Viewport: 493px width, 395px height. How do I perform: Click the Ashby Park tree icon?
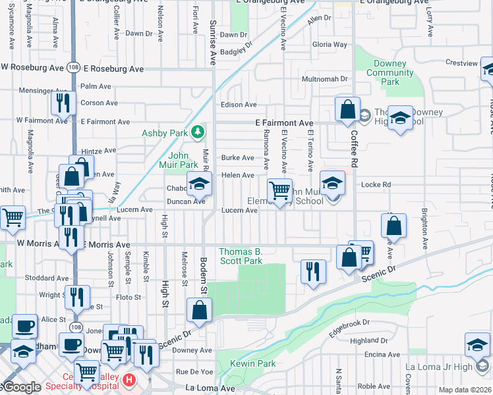tap(197, 132)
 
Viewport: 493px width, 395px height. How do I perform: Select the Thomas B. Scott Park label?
tap(241, 256)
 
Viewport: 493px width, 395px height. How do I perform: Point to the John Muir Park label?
tap(179, 160)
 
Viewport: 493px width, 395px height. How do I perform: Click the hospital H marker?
tap(129, 381)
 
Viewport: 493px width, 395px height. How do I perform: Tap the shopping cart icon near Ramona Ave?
tap(280, 191)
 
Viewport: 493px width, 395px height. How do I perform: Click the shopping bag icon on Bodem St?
tap(199, 310)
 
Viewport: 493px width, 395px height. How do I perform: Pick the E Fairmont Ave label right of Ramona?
tap(284, 123)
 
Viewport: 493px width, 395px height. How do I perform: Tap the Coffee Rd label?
tap(354, 146)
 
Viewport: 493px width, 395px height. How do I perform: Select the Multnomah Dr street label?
tap(324, 79)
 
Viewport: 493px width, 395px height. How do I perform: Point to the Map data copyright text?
tap(461, 390)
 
